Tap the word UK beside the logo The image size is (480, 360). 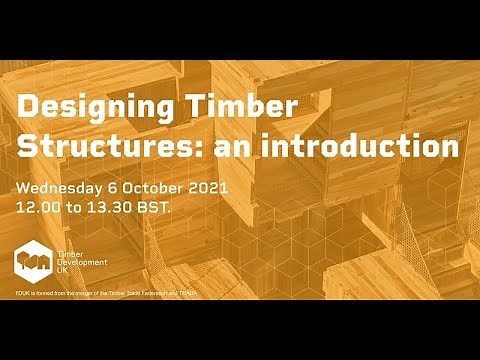click(x=66, y=274)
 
